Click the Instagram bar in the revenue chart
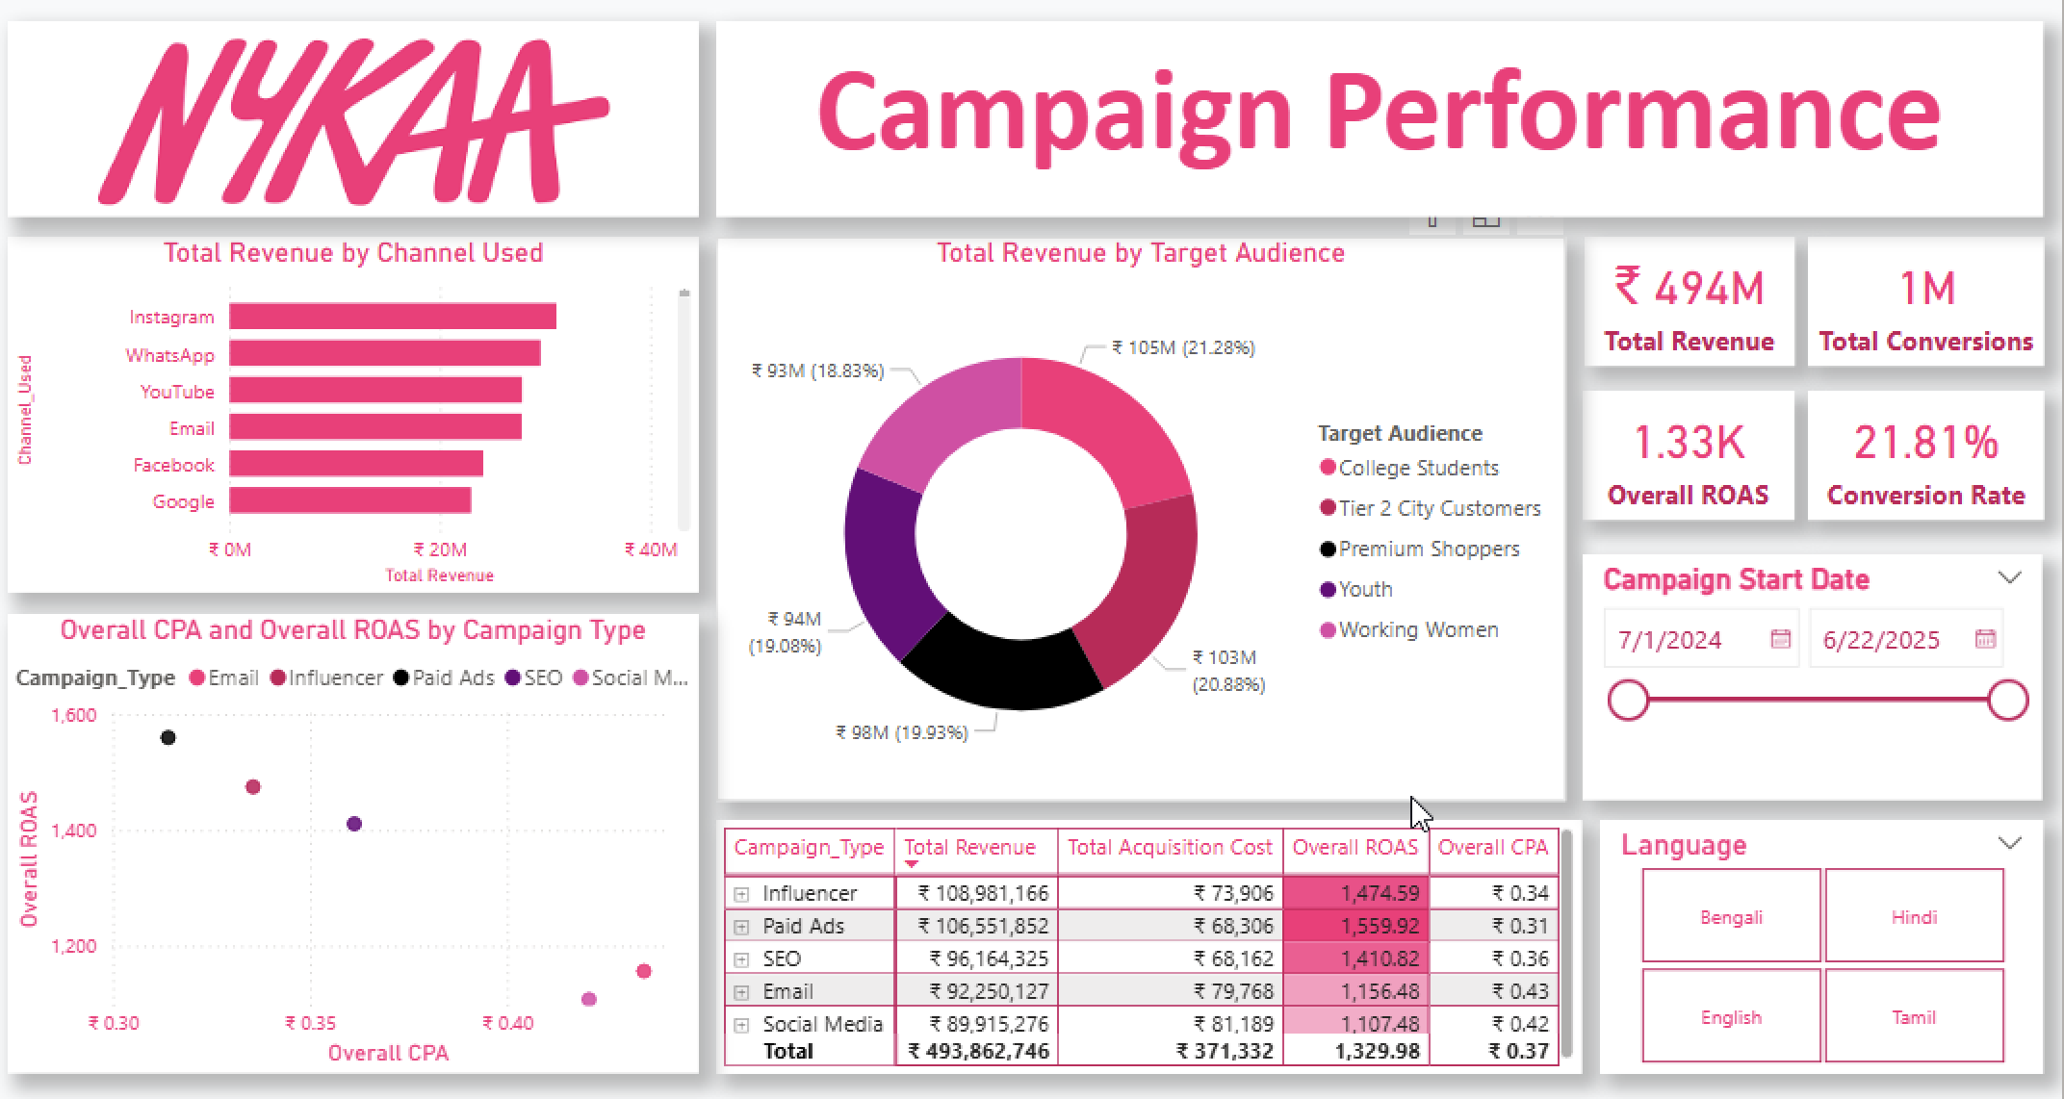tap(392, 317)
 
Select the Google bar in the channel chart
tap(349, 500)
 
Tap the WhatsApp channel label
tap(169, 355)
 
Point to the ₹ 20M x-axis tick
tap(440, 549)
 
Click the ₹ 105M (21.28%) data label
tap(1183, 347)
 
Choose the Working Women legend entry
tap(1417, 629)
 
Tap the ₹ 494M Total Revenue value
tap(1689, 288)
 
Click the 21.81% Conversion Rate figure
tap(1925, 443)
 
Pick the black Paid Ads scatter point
tap(168, 737)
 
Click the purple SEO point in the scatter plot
tap(353, 824)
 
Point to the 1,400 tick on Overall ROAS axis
tap(74, 831)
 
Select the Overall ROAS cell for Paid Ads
tap(1355, 926)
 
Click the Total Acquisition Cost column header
tap(1169, 847)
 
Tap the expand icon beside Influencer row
tap(741, 894)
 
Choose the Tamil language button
tap(1913, 1017)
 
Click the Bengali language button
tap(1730, 916)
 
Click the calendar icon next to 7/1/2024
tap(1780, 639)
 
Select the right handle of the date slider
tap(2007, 700)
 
